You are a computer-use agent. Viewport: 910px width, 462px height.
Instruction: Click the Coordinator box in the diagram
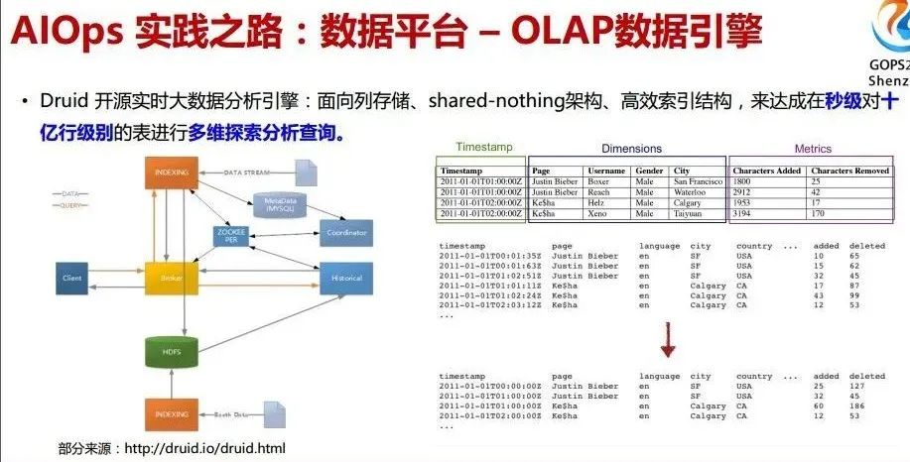[346, 232]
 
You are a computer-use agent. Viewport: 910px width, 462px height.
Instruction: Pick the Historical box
[346, 279]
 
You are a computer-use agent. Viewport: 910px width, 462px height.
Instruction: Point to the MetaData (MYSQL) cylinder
[281, 204]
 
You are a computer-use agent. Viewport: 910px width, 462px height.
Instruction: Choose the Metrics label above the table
[813, 149]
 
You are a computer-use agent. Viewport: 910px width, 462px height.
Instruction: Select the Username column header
[605, 171]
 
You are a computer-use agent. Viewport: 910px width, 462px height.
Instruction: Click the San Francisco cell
[698, 182]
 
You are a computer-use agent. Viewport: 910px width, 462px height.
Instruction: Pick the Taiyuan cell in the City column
[690, 213]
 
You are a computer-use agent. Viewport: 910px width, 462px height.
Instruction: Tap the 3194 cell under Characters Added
[743, 213]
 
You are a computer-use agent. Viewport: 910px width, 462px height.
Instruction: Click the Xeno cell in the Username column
[597, 213]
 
